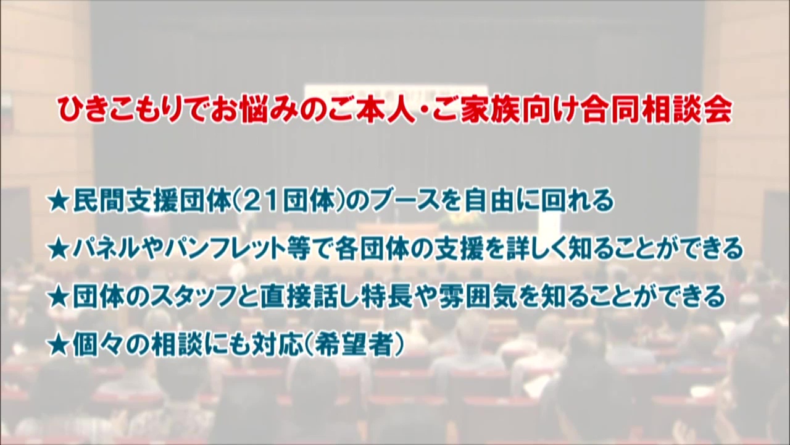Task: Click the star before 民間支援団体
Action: click(x=60, y=202)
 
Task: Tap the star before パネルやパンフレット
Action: click(x=60, y=249)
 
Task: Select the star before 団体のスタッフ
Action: click(x=60, y=296)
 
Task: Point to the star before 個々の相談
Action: click(x=60, y=343)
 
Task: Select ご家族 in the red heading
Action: click(x=481, y=111)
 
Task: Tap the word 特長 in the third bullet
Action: click(x=386, y=296)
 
